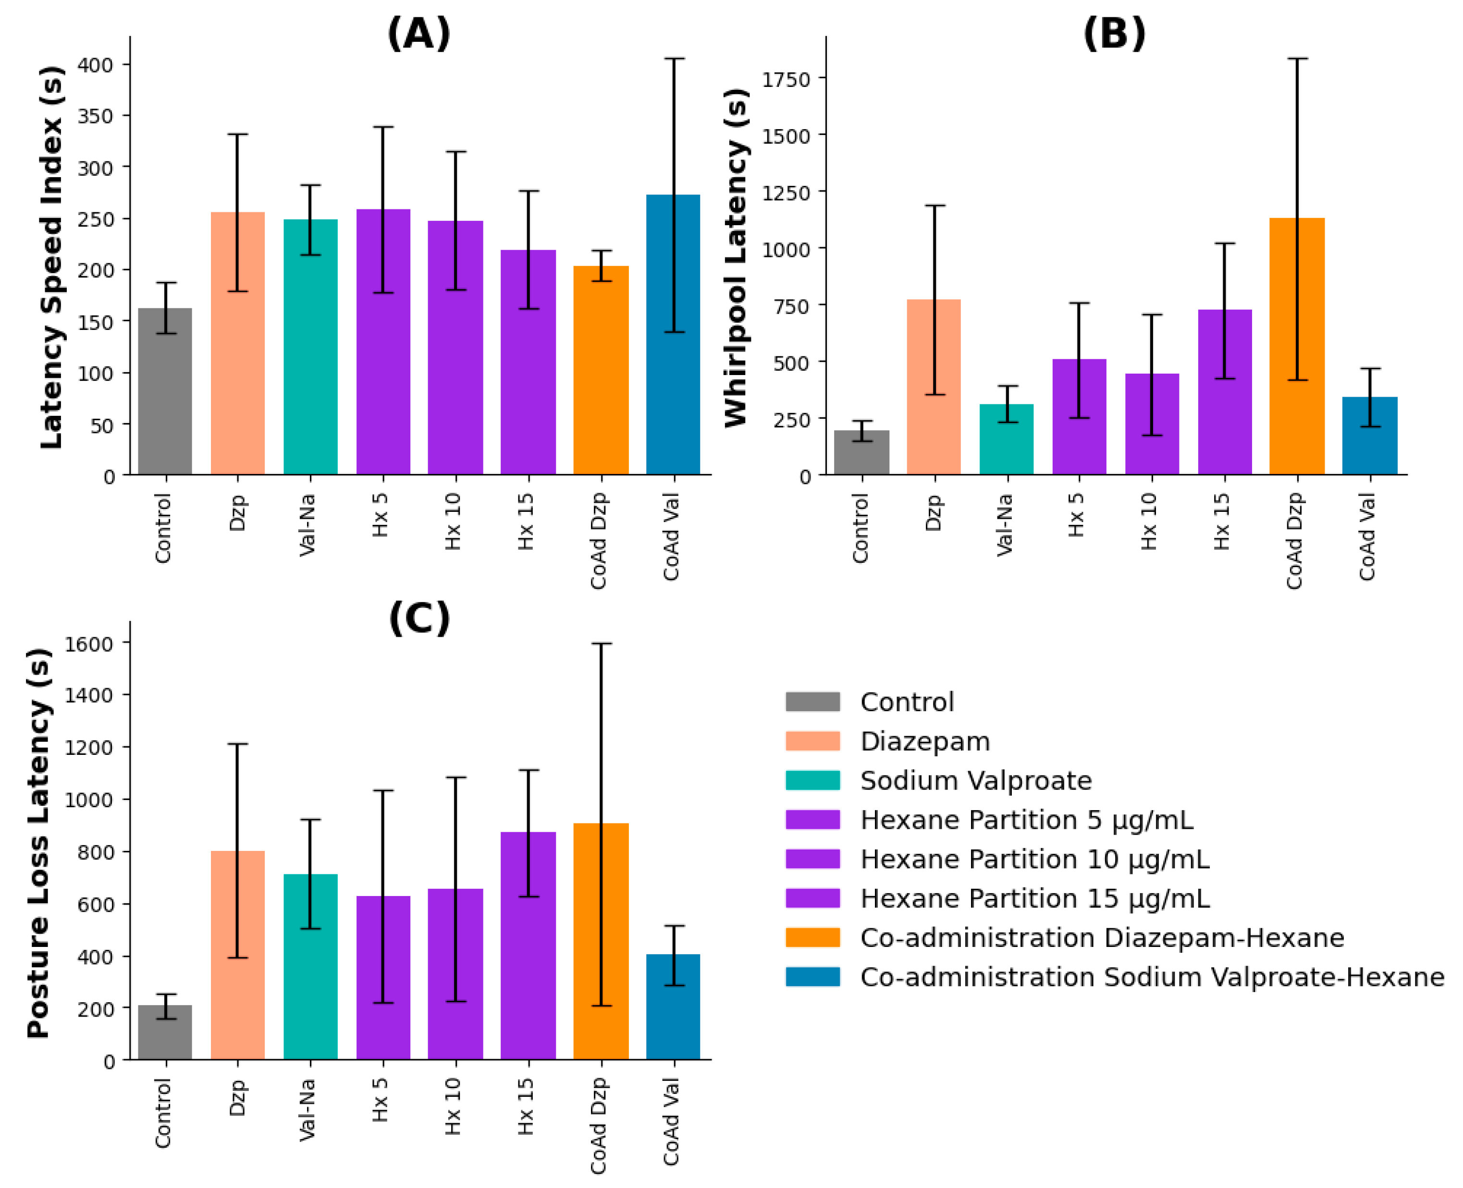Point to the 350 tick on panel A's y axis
(x=95, y=116)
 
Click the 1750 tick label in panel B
(x=786, y=79)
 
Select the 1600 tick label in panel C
(x=88, y=644)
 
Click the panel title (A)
(x=418, y=33)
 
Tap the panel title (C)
(x=419, y=618)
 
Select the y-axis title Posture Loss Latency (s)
(x=38, y=843)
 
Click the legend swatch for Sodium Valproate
(x=812, y=780)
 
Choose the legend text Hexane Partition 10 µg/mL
(x=1034, y=859)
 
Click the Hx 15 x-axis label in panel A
(x=525, y=522)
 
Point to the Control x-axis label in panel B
(x=861, y=528)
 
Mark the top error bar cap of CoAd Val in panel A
(x=674, y=59)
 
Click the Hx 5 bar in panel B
(x=1078, y=417)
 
